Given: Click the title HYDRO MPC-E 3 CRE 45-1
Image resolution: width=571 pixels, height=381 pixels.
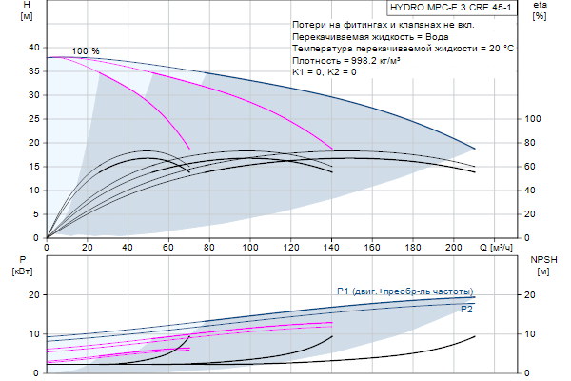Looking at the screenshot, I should click(x=454, y=8).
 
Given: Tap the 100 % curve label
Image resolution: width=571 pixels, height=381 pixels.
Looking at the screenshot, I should click(x=86, y=50).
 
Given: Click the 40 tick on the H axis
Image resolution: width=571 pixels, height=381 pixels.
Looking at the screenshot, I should click(x=34, y=47).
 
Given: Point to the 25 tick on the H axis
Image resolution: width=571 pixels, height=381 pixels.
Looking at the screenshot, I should click(x=34, y=118).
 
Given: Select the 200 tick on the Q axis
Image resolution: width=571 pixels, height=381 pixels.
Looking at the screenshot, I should click(x=454, y=248).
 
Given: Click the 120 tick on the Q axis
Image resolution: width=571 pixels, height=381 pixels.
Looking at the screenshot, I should click(x=291, y=248).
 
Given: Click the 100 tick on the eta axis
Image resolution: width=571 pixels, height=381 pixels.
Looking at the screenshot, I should click(x=533, y=118).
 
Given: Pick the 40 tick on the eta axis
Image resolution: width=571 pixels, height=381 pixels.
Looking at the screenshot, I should click(x=533, y=190).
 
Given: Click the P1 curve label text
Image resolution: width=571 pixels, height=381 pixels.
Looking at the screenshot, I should click(x=404, y=291).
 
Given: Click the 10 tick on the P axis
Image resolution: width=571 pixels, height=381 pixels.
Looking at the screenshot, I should click(x=34, y=333).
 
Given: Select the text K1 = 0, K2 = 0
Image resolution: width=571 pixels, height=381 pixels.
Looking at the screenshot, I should click(x=325, y=72).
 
